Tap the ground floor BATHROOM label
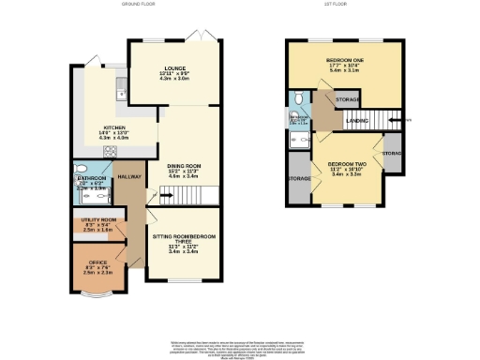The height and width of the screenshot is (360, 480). (x=90, y=176)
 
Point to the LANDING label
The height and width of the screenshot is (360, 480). (x=356, y=120)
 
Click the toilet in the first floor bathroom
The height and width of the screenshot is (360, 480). (x=296, y=97)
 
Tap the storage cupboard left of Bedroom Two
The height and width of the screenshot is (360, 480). (x=300, y=179)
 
